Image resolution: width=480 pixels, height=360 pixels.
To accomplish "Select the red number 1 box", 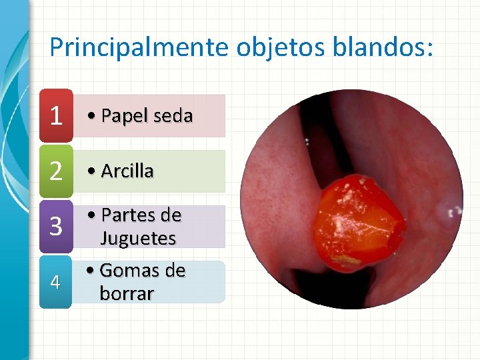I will (x=56, y=117).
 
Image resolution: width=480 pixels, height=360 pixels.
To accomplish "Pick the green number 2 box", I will (x=56, y=172).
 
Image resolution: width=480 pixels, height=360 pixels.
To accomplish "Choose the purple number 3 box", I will (x=56, y=227).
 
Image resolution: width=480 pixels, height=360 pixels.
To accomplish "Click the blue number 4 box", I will (x=56, y=283).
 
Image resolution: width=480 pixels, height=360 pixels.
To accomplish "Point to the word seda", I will (x=173, y=117).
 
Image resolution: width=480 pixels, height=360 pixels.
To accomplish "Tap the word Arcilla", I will (x=127, y=171).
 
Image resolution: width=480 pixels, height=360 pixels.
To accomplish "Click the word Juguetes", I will (x=138, y=238).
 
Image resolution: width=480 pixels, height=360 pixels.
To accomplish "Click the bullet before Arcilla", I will (x=93, y=172).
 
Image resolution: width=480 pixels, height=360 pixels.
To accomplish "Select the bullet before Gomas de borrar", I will (x=91, y=271).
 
